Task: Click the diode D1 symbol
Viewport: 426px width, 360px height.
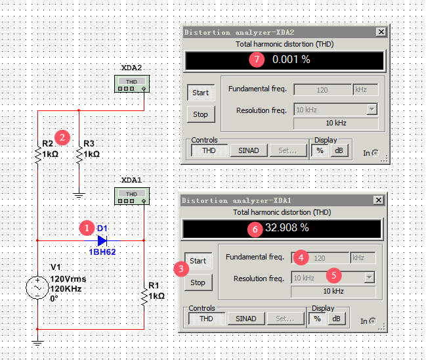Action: point(102,240)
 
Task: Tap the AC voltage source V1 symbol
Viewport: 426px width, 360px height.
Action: point(37,288)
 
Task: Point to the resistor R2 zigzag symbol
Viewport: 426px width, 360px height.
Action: point(38,155)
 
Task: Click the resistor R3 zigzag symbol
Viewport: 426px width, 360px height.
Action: point(79,155)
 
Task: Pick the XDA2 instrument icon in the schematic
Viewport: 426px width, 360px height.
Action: point(132,83)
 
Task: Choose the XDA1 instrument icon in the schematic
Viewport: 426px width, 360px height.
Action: point(132,196)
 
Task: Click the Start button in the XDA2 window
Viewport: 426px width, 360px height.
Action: point(201,93)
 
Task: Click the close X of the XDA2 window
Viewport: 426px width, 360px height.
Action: point(381,32)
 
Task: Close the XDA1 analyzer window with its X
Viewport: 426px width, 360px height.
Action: point(379,200)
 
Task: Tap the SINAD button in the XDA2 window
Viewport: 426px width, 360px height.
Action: point(249,150)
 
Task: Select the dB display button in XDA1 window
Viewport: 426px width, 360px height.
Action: point(336,319)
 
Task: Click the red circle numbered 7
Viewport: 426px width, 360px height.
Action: point(257,59)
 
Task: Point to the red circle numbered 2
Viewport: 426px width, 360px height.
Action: point(62,137)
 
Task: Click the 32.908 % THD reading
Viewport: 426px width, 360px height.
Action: point(287,227)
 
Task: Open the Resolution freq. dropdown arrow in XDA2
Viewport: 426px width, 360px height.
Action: point(372,110)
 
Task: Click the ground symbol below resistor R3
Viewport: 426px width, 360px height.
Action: point(79,195)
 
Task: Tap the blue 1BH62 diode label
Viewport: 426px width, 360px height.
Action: point(102,252)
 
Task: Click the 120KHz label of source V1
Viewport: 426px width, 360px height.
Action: point(66,289)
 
